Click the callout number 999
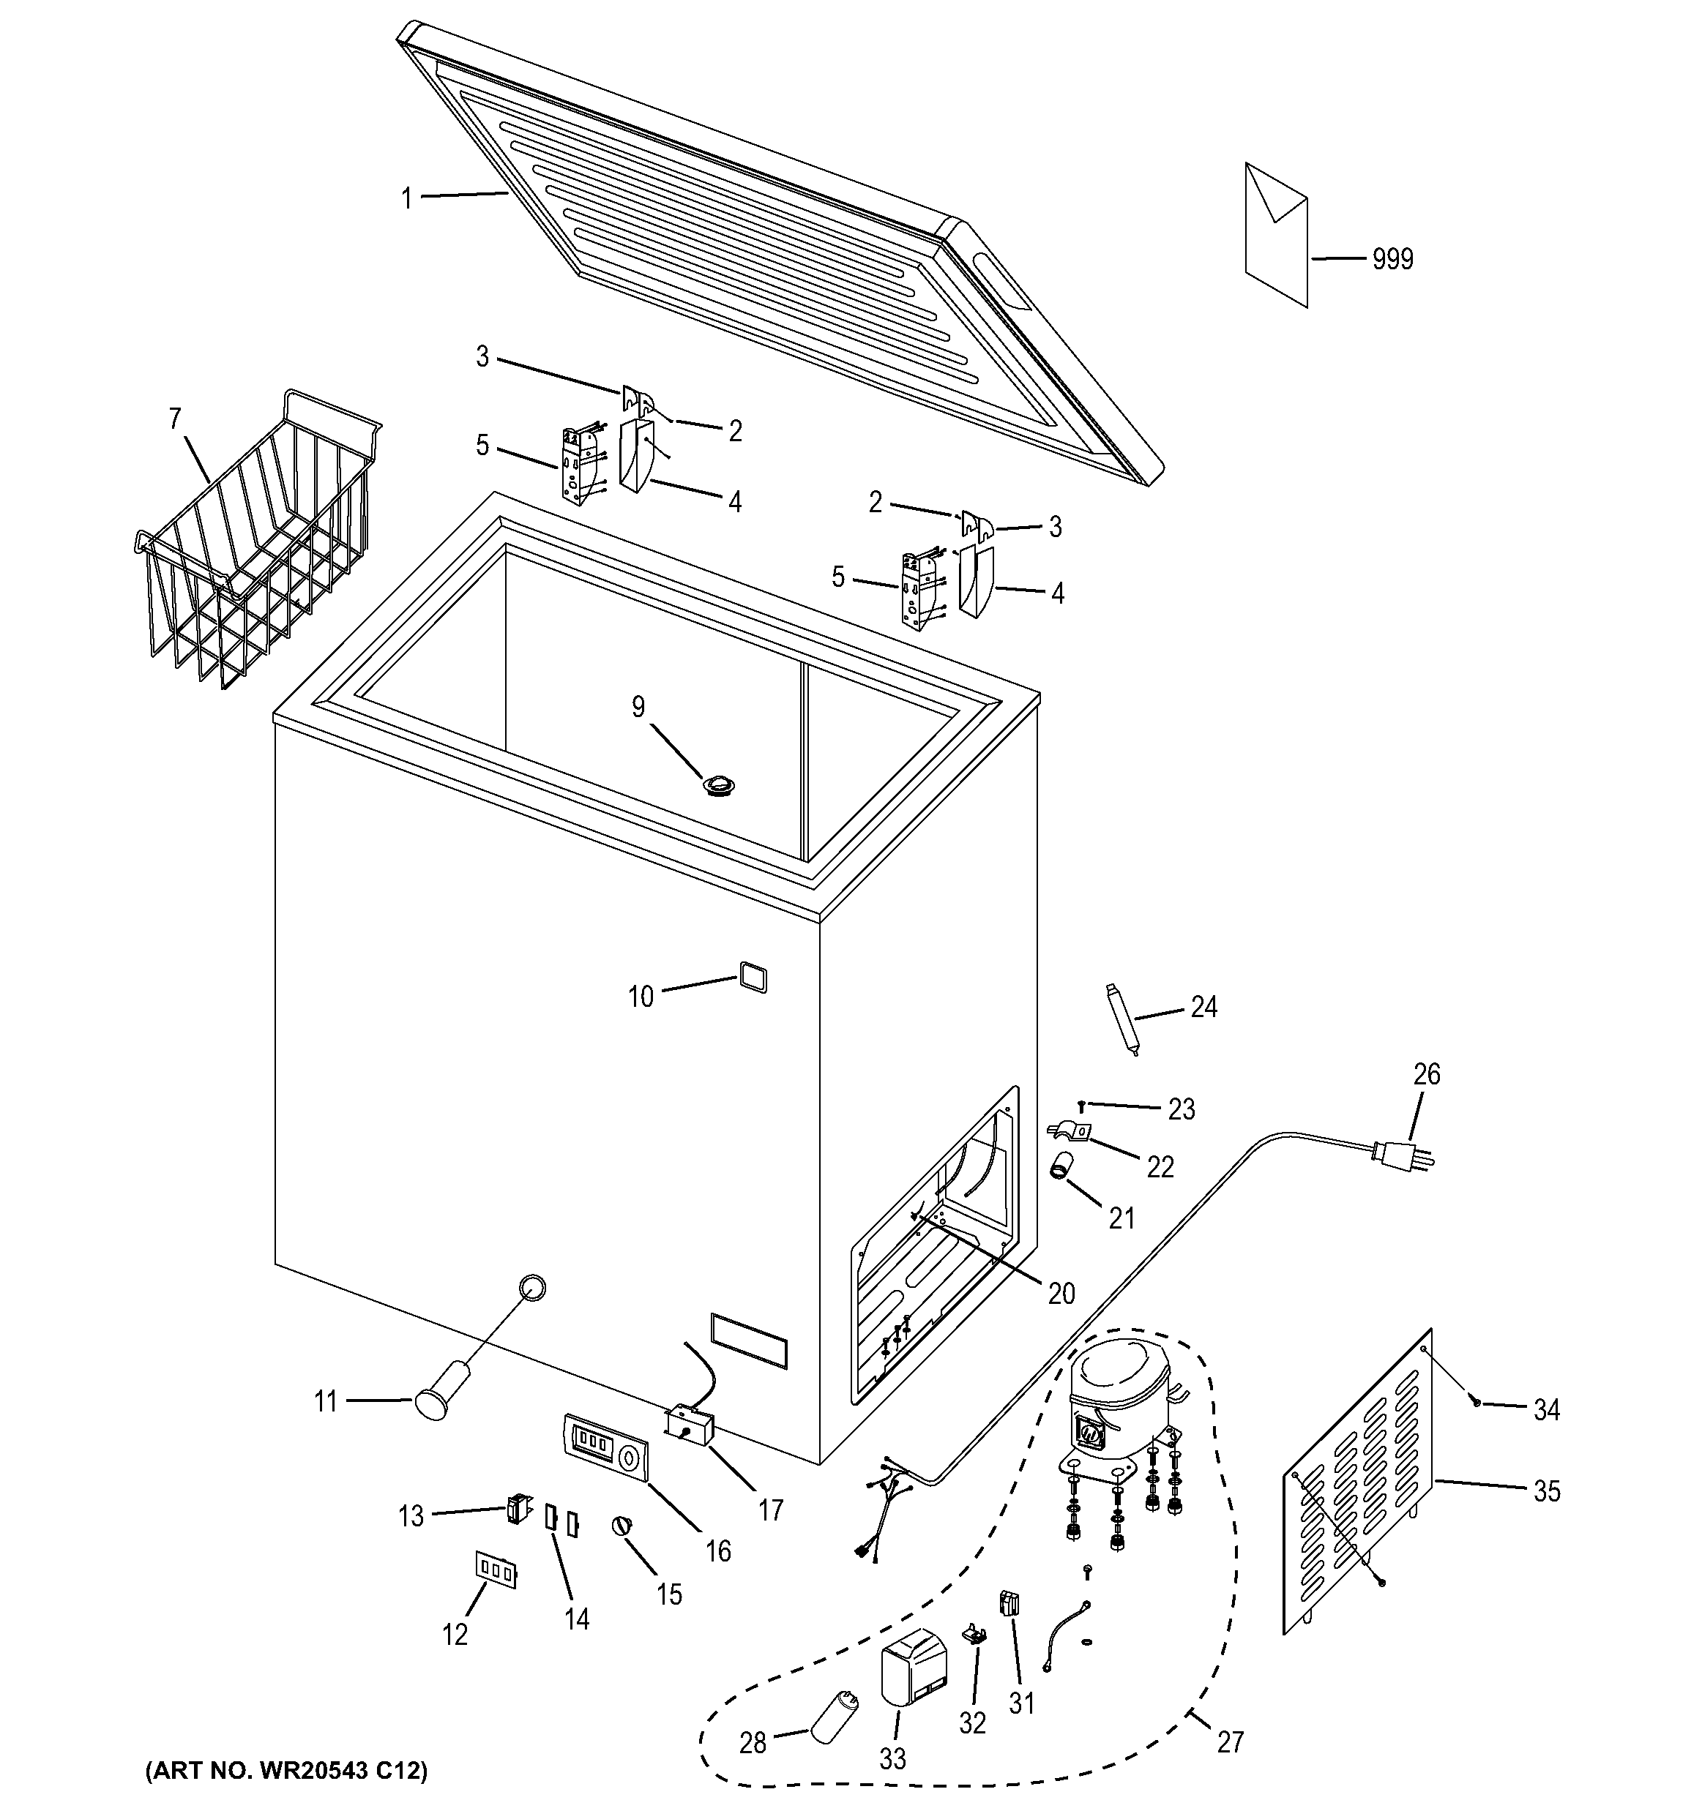[1392, 260]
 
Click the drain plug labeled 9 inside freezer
[719, 784]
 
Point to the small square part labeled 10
[753, 978]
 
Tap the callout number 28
[753, 1743]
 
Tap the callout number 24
[1203, 1007]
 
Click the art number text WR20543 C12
[286, 1771]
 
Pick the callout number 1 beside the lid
[407, 198]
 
